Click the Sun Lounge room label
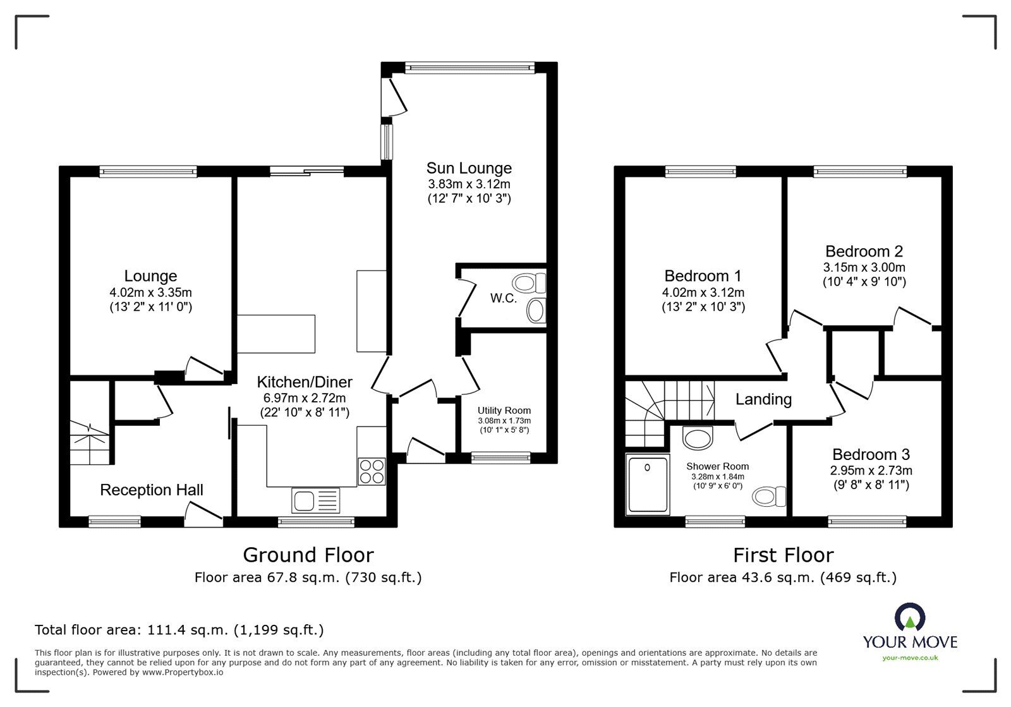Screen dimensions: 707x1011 tap(469, 168)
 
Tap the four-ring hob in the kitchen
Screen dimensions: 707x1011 tap(372, 471)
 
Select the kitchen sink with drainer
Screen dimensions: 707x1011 tap(315, 500)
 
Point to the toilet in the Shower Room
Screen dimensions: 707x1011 tap(771, 496)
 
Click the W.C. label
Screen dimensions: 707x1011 tap(504, 298)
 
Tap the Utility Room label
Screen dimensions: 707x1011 tap(504, 410)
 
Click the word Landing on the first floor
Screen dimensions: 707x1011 tap(763, 399)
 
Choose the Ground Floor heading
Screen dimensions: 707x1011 tap(308, 555)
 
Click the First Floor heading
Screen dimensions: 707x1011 tap(783, 555)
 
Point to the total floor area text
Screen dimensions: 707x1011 tap(179, 630)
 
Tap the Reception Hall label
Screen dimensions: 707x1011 tap(152, 490)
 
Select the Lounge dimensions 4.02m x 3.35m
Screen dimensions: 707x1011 tap(150, 293)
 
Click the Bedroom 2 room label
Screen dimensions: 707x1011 tap(864, 251)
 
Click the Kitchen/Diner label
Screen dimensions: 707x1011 tap(305, 382)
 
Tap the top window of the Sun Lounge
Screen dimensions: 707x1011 tap(469, 66)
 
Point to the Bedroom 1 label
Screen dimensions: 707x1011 tap(703, 276)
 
